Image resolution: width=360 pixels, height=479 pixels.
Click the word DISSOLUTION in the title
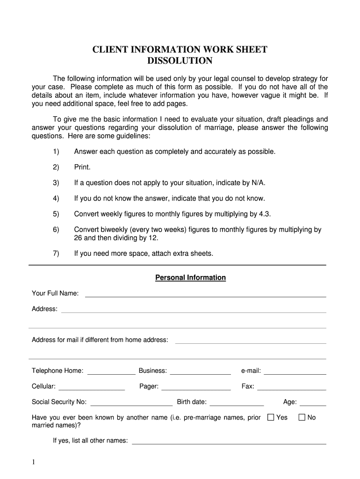180,61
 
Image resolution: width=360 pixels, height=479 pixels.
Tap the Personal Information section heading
190,278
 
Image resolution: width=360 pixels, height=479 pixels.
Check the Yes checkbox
270,417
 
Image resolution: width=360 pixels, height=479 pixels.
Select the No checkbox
302,417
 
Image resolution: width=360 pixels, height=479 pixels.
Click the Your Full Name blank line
205,294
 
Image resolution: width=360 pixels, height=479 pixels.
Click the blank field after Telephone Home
111,371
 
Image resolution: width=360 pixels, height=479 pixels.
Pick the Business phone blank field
200,371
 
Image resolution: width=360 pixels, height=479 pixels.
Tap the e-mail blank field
295,371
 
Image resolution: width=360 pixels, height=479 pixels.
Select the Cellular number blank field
92,387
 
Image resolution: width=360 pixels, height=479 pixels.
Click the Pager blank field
196,387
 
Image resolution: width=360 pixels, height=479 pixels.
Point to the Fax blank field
291,387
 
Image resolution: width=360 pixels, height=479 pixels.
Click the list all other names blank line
229,441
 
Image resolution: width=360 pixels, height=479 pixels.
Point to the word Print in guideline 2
82,167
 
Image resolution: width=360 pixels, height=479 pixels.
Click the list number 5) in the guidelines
56,214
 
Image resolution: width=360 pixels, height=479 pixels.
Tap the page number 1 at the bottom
34,463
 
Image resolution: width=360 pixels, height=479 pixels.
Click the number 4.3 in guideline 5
265,214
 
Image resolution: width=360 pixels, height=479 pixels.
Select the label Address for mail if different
100,340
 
